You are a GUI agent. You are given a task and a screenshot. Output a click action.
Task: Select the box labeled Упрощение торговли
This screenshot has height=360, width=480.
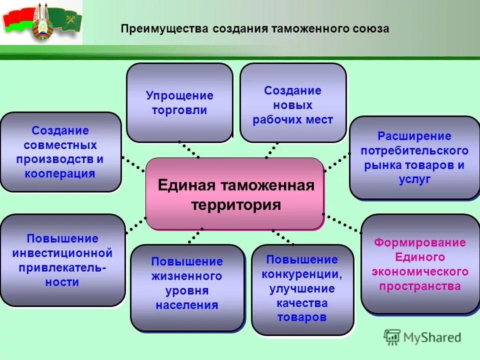click(179, 103)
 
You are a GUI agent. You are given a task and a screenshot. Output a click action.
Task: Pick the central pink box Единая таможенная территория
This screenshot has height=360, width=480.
click(235, 194)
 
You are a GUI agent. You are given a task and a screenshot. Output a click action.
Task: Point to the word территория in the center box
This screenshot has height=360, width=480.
click(236, 205)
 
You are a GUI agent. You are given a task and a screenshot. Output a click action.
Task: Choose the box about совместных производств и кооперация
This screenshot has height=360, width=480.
click(60, 152)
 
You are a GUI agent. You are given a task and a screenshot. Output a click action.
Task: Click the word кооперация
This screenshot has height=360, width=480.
click(60, 174)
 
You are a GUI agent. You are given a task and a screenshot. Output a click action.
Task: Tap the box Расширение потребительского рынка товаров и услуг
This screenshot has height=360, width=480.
click(414, 158)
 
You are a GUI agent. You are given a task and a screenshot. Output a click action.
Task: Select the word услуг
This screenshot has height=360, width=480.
click(414, 180)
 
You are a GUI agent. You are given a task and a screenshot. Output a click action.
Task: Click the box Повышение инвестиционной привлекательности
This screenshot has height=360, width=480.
click(62, 260)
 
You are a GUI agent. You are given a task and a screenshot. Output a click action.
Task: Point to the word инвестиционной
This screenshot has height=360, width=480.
click(62, 253)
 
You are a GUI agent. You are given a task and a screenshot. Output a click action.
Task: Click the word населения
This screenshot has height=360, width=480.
click(187, 305)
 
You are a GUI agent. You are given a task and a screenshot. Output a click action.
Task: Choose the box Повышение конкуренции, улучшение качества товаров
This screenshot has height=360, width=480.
click(302, 289)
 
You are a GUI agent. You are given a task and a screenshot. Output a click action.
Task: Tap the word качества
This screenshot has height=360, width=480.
click(302, 303)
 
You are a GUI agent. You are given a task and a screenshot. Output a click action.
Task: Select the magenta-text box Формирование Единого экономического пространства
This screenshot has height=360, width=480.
click(420, 264)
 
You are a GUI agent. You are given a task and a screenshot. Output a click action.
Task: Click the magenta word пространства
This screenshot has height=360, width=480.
click(420, 286)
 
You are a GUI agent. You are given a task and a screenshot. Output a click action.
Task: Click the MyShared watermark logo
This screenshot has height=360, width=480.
click(423, 337)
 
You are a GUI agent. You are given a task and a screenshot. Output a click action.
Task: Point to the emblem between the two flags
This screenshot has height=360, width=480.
click(42, 23)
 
